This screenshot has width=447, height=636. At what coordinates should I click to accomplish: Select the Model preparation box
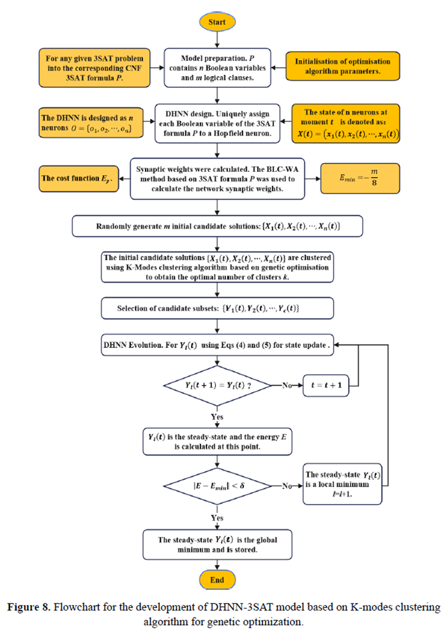pyautogui.click(x=218, y=67)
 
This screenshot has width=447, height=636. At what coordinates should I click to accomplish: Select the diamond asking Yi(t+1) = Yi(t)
pyautogui.click(x=218, y=385)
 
